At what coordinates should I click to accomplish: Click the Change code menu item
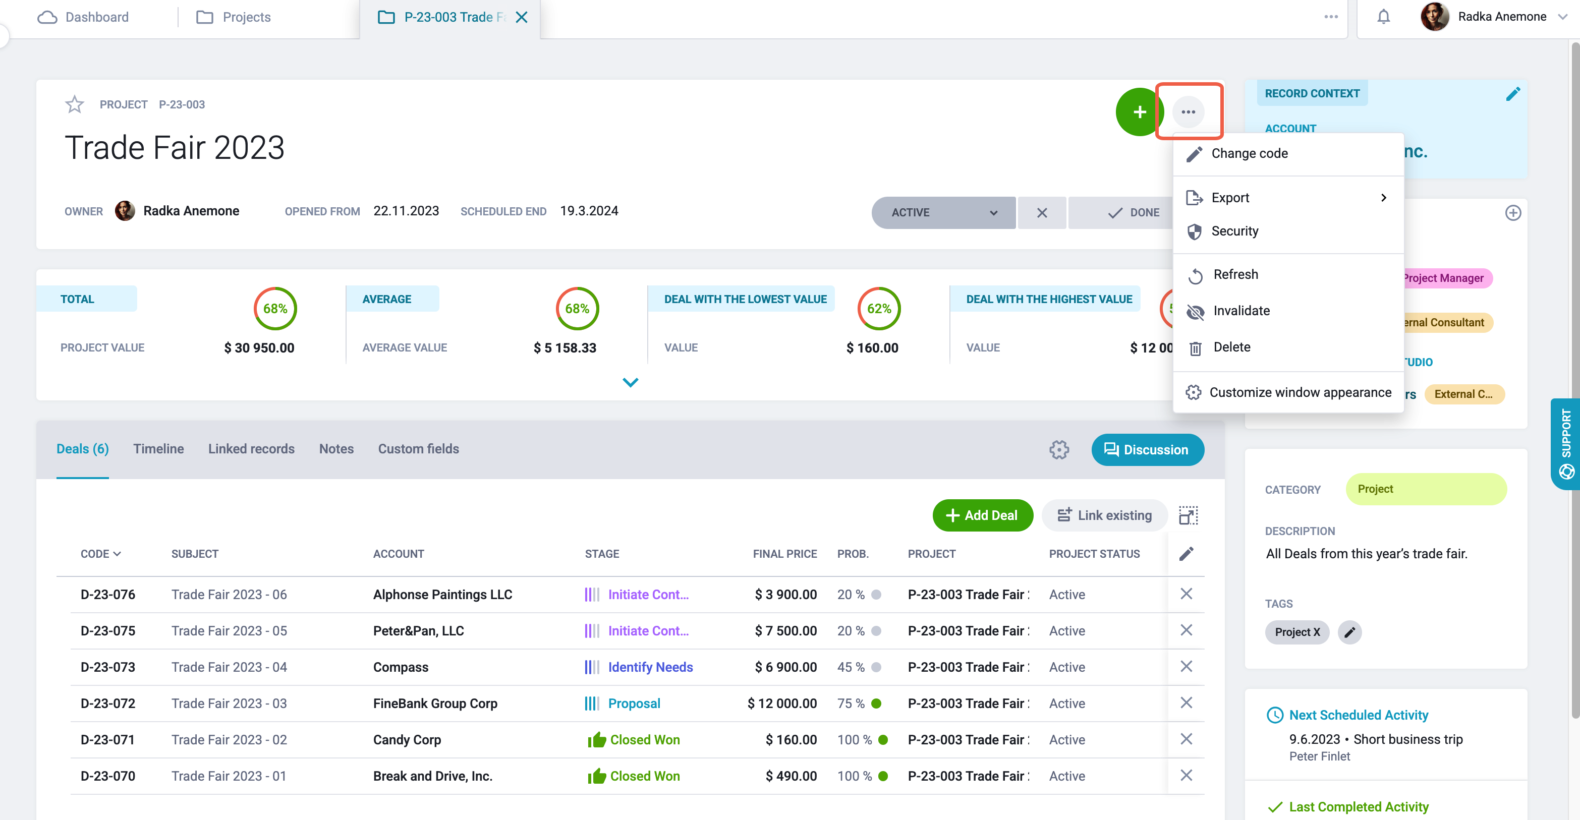coord(1250,153)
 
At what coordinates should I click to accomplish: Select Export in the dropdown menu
coord(1230,198)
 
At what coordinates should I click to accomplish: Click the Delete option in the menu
coord(1231,347)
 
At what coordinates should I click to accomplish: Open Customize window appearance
coord(1300,392)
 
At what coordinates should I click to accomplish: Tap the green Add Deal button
coord(983,515)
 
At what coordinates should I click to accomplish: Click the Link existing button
coord(1105,515)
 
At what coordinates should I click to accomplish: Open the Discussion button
coord(1148,449)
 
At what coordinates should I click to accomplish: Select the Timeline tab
coord(158,449)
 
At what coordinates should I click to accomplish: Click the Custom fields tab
coord(418,449)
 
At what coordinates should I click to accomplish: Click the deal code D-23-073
coord(108,667)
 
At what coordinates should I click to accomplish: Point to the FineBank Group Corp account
coord(435,703)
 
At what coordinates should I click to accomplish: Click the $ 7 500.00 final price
coord(785,630)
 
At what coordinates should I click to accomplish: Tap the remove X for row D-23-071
coord(1186,739)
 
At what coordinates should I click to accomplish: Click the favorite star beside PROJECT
coord(74,104)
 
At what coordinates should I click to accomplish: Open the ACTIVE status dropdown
coord(943,212)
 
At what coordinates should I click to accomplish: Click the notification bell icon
coord(1383,17)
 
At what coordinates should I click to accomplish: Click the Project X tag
coord(1296,632)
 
